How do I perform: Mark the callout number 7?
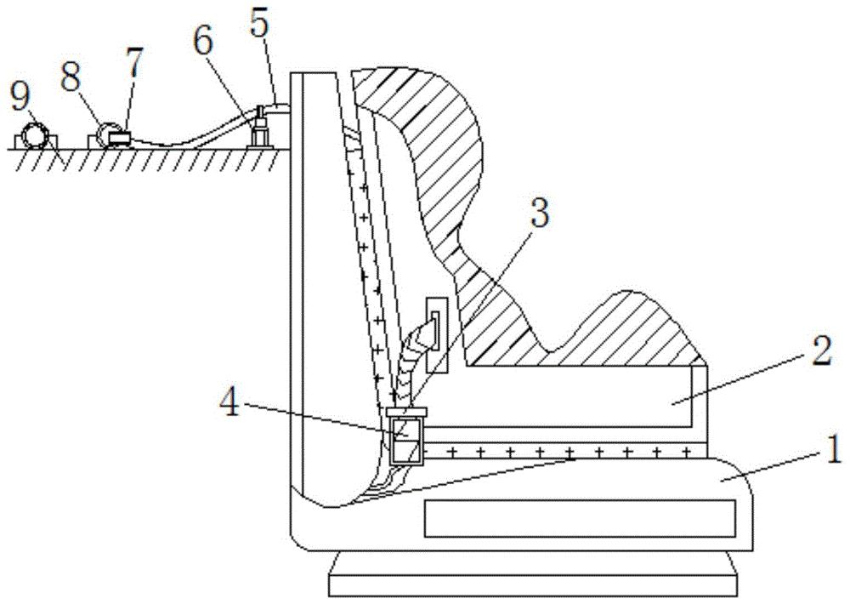click(x=133, y=63)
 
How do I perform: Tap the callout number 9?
click(x=20, y=96)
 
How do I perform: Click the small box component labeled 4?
click(x=405, y=436)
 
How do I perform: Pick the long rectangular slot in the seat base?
click(x=579, y=518)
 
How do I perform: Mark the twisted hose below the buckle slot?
click(x=409, y=357)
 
